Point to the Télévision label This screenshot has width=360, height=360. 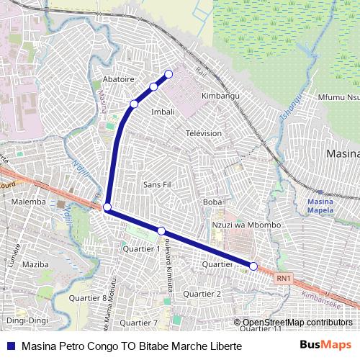[x=204, y=133]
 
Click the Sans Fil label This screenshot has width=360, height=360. [x=157, y=184]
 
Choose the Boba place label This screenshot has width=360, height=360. [x=212, y=202]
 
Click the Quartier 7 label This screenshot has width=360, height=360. [x=140, y=323]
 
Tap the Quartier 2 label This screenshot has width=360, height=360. [x=202, y=294]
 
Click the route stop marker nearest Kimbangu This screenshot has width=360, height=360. [x=169, y=73]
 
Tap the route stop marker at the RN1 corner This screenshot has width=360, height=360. [x=107, y=208]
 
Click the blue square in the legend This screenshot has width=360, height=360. [x=12, y=346]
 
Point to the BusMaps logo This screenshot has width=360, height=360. [x=325, y=345]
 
